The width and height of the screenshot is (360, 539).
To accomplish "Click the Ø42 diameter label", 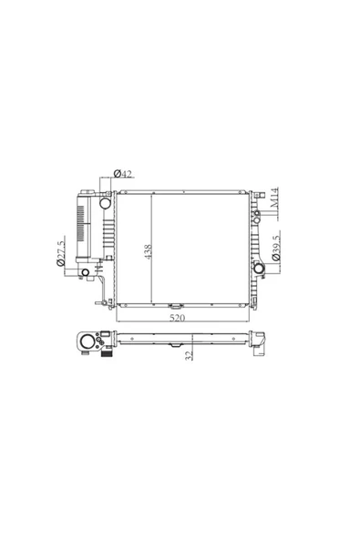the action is click(123, 174).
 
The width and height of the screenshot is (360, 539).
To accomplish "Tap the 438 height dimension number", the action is click(148, 251).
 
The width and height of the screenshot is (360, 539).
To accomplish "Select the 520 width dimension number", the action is click(177, 318).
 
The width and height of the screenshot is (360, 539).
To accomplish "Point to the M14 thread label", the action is click(274, 198).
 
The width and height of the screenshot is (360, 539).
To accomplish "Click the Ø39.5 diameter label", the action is click(276, 249).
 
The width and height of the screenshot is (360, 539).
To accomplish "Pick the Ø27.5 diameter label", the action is click(60, 253).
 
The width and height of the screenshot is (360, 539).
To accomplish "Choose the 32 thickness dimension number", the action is click(189, 355).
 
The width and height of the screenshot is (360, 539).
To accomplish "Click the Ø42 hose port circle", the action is click(105, 203).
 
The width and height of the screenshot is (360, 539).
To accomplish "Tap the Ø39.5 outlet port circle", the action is click(259, 268).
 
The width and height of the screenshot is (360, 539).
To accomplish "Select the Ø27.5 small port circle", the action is click(85, 272).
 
